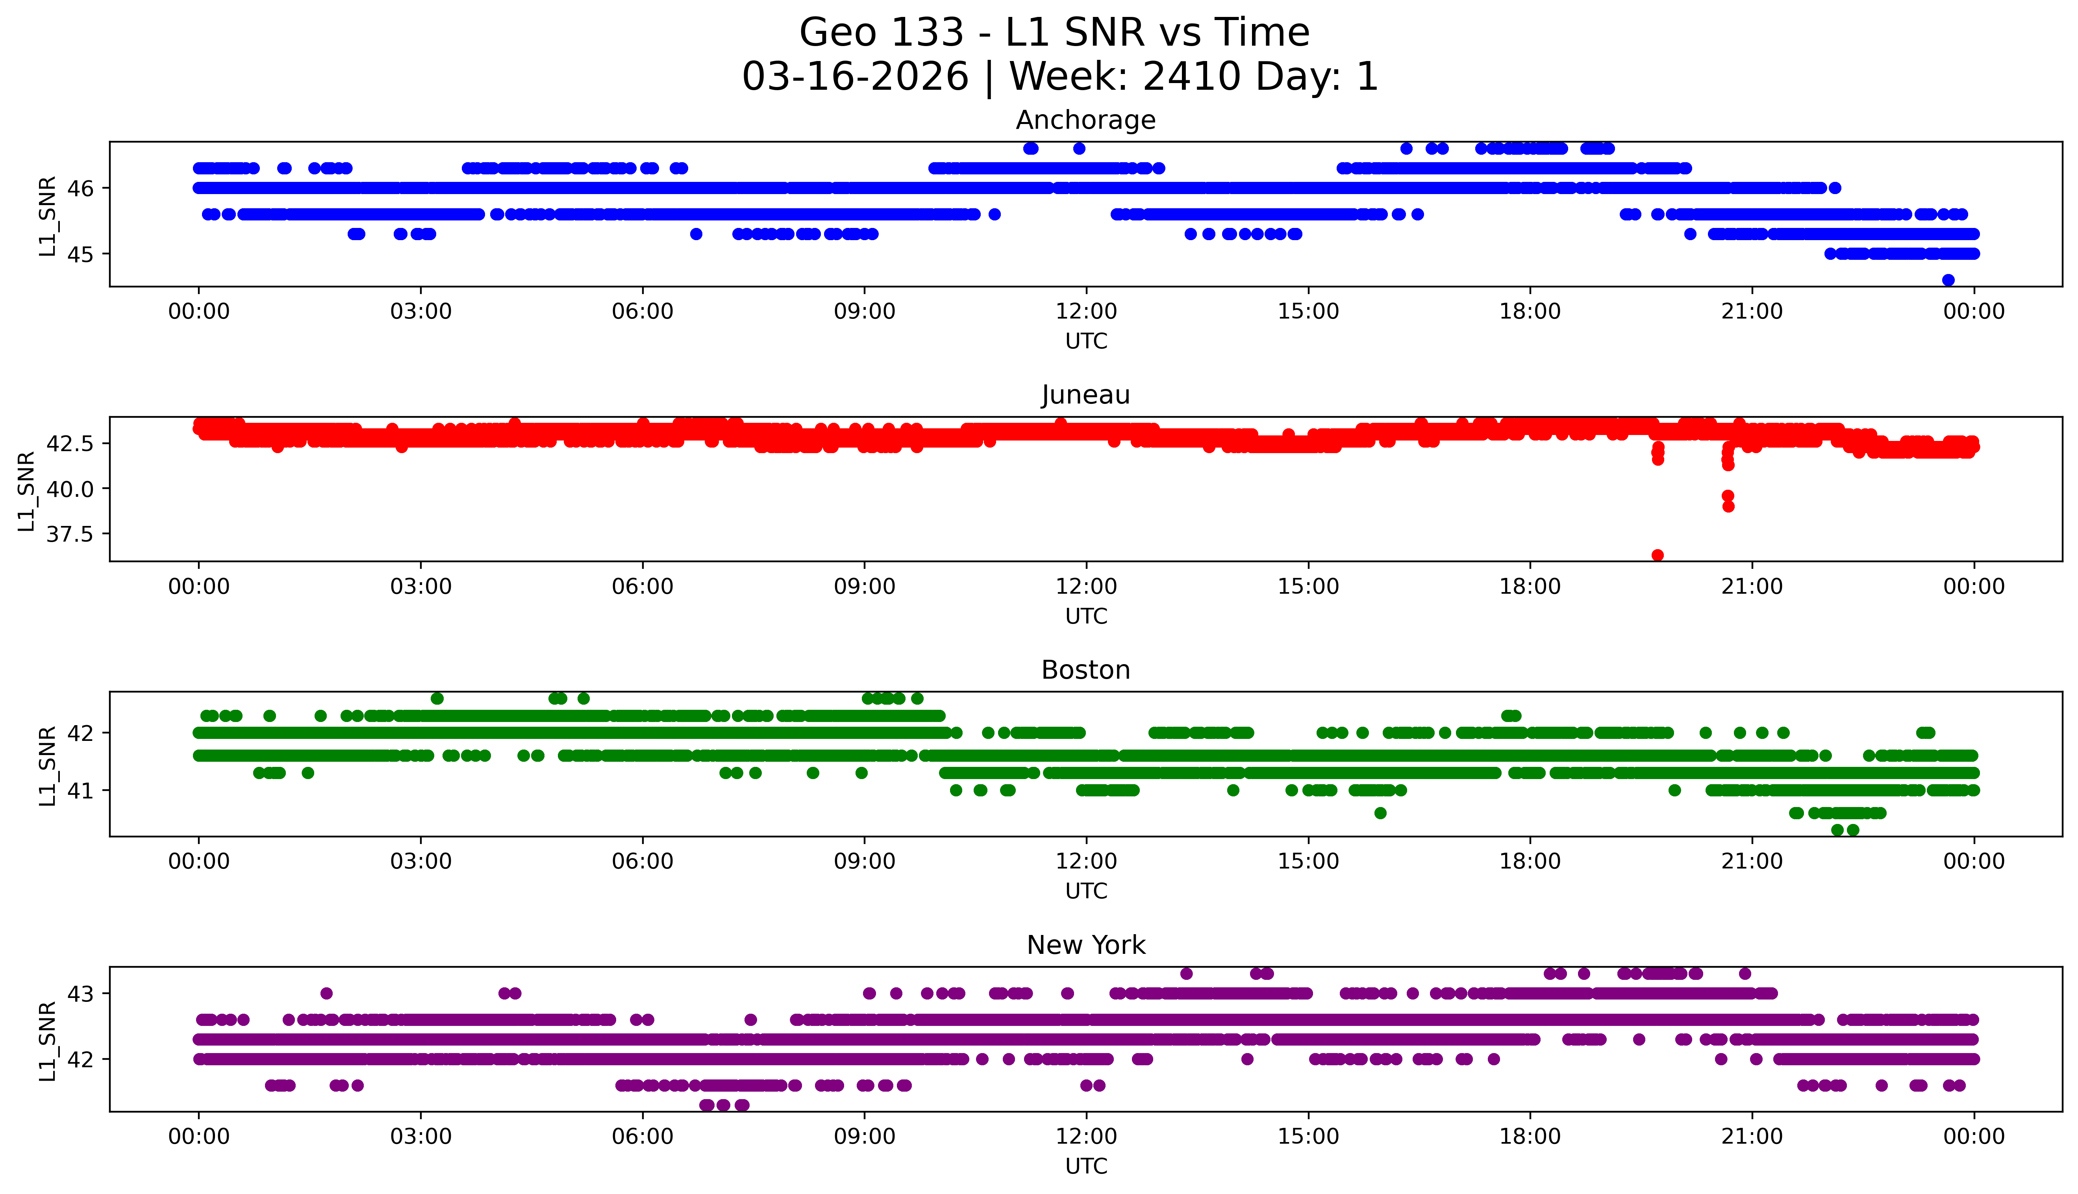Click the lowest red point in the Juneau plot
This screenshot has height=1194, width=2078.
1657,555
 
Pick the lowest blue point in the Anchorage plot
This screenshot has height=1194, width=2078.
1948,280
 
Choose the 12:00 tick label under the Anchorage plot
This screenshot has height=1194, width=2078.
1086,312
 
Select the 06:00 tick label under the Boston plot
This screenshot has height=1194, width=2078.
642,861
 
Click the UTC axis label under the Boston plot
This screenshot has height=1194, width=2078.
1086,890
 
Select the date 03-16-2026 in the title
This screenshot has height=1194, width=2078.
855,77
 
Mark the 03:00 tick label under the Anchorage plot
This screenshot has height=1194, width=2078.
421,312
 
